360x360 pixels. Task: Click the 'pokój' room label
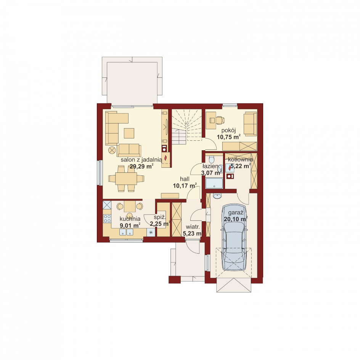229,131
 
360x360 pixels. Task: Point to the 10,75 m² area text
229,137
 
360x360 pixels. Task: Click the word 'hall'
185,179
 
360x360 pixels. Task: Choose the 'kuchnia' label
130,219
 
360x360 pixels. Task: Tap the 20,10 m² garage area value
236,219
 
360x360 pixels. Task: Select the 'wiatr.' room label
193,227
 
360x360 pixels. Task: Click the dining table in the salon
126,178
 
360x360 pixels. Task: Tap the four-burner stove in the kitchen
107,219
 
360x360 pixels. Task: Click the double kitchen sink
126,232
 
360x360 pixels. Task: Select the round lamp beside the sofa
112,150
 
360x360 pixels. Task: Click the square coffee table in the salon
129,133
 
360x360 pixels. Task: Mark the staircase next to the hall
186,127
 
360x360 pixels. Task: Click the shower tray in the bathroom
214,183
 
